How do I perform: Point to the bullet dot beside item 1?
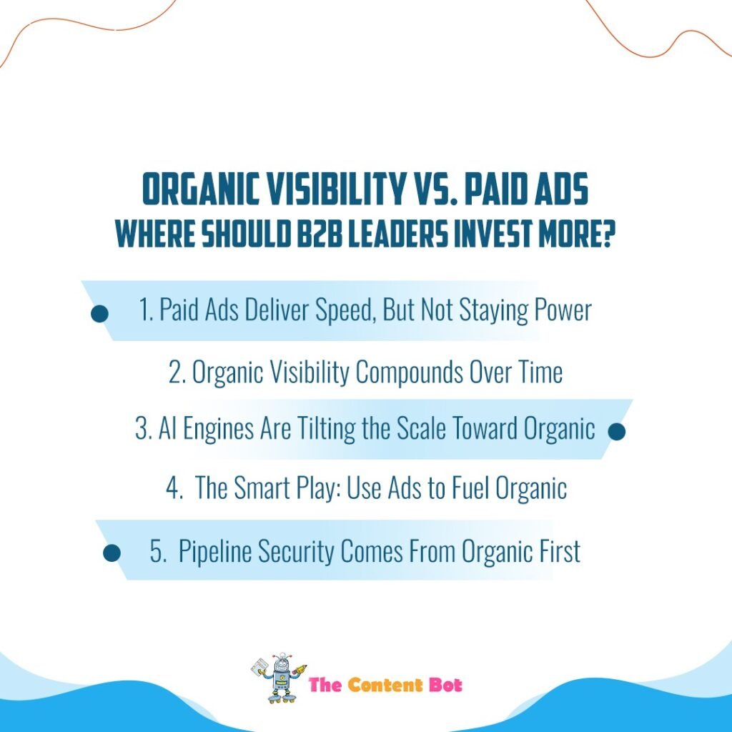[99, 314]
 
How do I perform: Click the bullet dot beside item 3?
[617, 431]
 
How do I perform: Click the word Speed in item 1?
[346, 310]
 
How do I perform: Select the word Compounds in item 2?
[410, 372]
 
